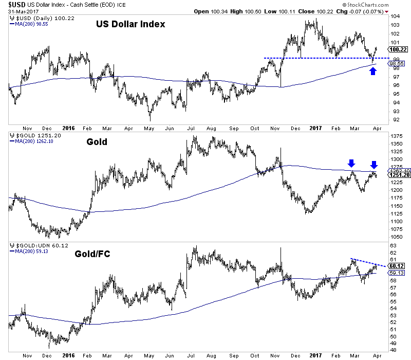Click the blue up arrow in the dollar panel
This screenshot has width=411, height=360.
click(x=373, y=71)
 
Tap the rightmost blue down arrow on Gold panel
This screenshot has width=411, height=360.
click(x=374, y=165)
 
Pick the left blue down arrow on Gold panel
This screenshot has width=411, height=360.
click(x=351, y=164)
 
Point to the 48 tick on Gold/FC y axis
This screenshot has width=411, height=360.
click(x=391, y=350)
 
